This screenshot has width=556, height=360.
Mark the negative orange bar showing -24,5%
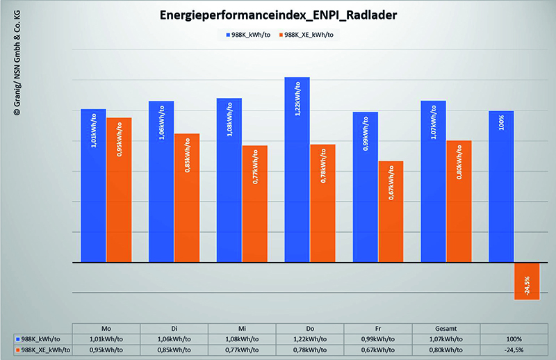(x=526, y=281)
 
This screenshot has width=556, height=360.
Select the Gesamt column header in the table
(x=446, y=328)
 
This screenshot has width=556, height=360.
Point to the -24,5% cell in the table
(x=514, y=351)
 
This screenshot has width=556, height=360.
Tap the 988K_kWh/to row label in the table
(x=40, y=339)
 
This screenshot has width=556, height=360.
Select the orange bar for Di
(x=187, y=198)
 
